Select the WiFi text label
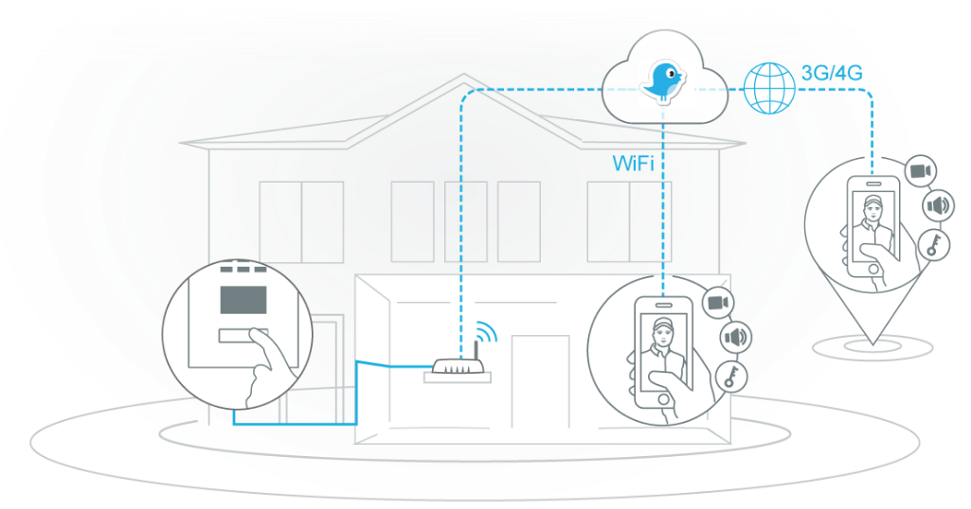(x=633, y=164)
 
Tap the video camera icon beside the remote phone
(x=918, y=171)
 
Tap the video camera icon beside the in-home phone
(x=717, y=302)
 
